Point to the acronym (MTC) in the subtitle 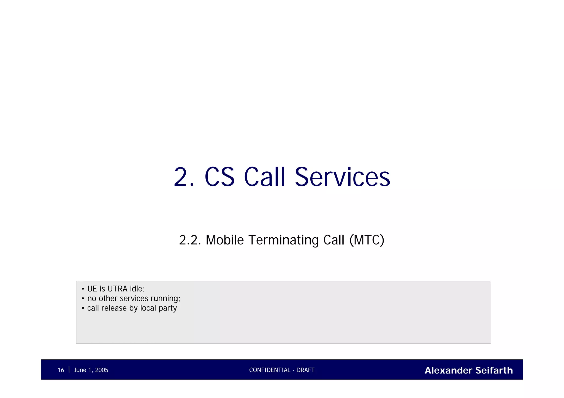pyautogui.click(x=367, y=240)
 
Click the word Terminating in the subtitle pyautogui.click(x=283, y=240)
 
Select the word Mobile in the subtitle pyautogui.click(x=225, y=240)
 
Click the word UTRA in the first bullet pyautogui.click(x=118, y=289)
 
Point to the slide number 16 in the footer pyautogui.click(x=61, y=370)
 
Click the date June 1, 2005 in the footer pyautogui.click(x=91, y=370)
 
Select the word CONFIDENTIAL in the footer pyautogui.click(x=270, y=370)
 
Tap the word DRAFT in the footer pyautogui.click(x=305, y=370)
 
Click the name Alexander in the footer pyautogui.click(x=449, y=370)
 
